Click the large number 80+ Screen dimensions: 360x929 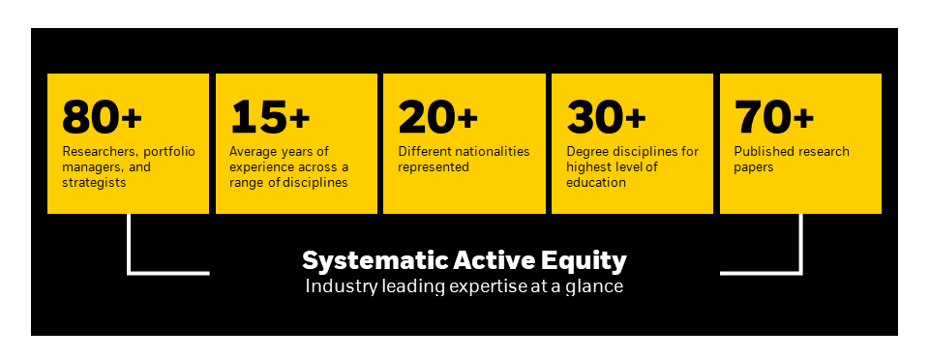coord(102,118)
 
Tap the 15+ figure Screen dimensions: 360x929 coord(270,118)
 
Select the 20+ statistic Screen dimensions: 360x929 coord(438,118)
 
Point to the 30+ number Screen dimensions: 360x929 coord(607,118)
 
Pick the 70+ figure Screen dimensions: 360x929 coord(774,118)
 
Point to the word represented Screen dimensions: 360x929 coord(434,166)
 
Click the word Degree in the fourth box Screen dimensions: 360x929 coord(589,152)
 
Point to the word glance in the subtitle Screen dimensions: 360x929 coord(600,286)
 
